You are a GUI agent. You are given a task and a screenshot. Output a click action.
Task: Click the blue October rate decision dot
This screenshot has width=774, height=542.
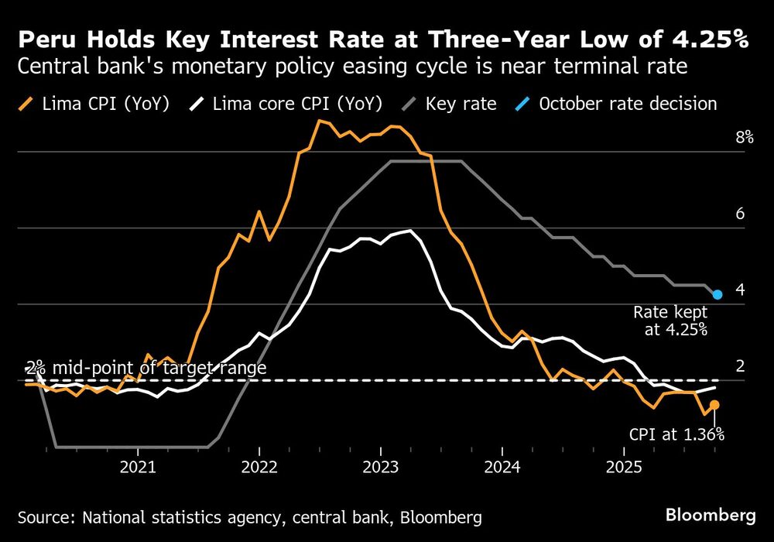pyautogui.click(x=717, y=294)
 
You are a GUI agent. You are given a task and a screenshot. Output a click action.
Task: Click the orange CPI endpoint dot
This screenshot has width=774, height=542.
pyautogui.click(x=714, y=405)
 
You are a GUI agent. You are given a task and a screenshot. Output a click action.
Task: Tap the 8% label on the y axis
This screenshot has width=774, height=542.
pyautogui.click(x=723, y=138)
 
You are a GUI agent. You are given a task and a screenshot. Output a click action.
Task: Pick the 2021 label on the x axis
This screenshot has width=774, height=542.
pyautogui.click(x=138, y=468)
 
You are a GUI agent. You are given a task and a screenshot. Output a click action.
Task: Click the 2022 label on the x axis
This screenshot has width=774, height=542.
pyautogui.click(x=259, y=468)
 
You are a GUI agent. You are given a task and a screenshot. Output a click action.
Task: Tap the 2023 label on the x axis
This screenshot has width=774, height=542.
pyautogui.click(x=381, y=468)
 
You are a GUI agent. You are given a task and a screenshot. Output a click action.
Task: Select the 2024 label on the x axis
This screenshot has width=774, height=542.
pyautogui.click(x=502, y=468)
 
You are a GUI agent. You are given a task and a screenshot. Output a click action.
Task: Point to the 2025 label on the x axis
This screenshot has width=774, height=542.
pyautogui.click(x=624, y=468)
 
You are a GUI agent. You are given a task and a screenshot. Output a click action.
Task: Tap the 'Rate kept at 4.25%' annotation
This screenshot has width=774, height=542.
pyautogui.click(x=670, y=321)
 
